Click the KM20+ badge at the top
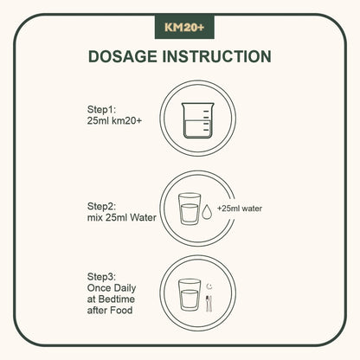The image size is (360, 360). coord(184,27)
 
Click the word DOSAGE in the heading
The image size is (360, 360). coord(123,56)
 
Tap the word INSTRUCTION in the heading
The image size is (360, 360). coord(216,56)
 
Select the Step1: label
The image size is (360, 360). coord(101,110)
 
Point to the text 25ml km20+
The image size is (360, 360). coord(114,121)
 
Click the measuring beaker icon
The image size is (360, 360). coord(198,120)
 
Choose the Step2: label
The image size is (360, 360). coord(101,207)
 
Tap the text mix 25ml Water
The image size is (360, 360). coord(122,217)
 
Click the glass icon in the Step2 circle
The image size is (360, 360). coord(190,209)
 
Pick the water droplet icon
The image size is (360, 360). coord(207,211)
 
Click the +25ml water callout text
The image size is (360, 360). coord(240,209)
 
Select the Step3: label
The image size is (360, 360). coord(101,277)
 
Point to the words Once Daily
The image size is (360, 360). coord(112,288)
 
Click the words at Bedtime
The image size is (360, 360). coord(111,299)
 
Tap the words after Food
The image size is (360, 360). coord(110,311)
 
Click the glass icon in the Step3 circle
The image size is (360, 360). coord(190,294)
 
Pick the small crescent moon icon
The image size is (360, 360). coord(209,286)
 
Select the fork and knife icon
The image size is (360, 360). coord(209,304)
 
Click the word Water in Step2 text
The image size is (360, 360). coord(143,217)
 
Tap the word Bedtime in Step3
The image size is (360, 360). coord(117,299)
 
